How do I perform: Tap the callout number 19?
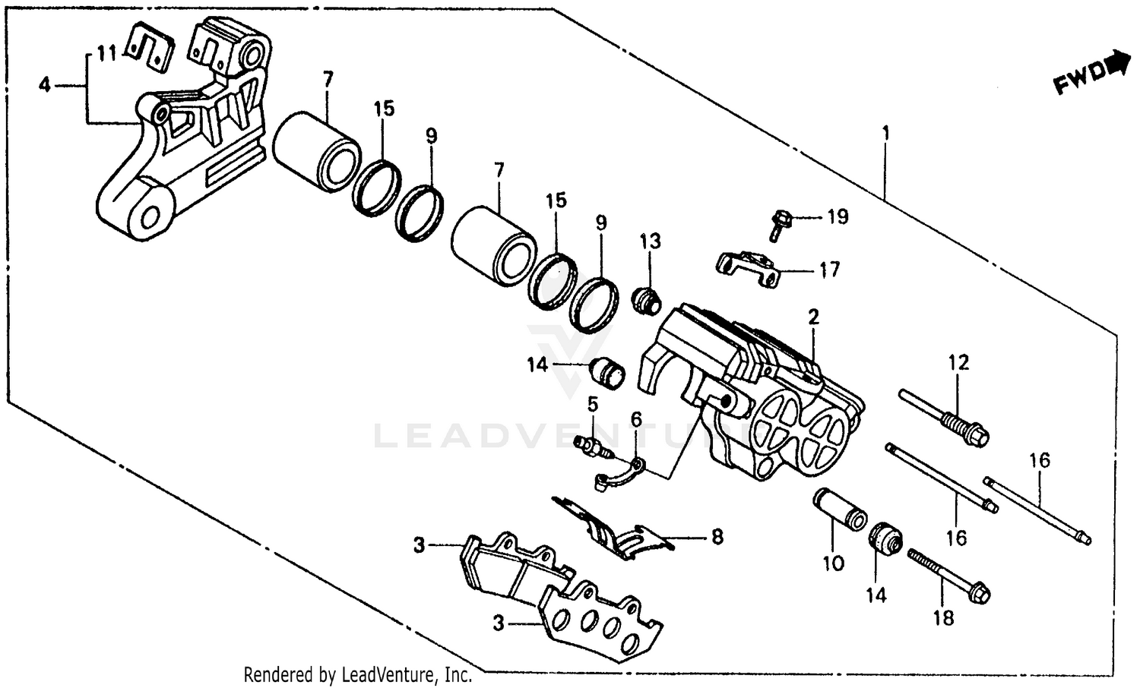coord(837,217)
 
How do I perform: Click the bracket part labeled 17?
coord(749,268)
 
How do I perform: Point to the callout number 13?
coord(650,242)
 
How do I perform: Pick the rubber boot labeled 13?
coord(648,300)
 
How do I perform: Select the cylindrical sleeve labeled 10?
coord(840,510)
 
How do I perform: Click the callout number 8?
coord(716,538)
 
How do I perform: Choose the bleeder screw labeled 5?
coord(594,446)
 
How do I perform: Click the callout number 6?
coord(636,419)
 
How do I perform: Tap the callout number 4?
coord(45,85)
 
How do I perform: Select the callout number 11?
coord(106,54)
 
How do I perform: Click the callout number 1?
coord(885,134)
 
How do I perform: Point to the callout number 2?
coord(813,317)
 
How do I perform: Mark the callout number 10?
coord(833,563)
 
